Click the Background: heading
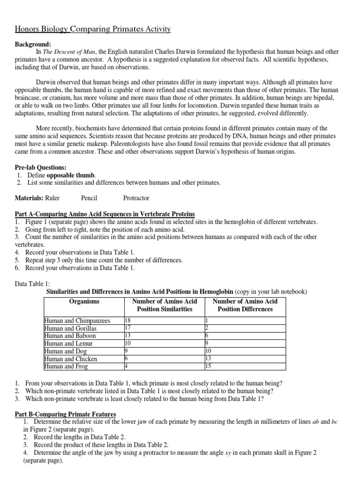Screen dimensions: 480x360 coord(31,44)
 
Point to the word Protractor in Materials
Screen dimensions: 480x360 coord(136,198)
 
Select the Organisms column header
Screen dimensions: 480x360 coord(84,301)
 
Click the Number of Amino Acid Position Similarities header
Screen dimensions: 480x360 coord(165,305)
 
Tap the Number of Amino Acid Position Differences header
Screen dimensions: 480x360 coord(245,305)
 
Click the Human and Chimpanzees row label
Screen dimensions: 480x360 coord(77,321)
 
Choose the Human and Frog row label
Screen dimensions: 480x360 coord(64,366)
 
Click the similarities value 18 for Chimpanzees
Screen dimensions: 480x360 coord(127,321)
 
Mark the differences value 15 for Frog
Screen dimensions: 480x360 coord(209,366)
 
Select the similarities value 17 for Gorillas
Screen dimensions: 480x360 coord(127,328)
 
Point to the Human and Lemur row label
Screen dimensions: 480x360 coord(68,344)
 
